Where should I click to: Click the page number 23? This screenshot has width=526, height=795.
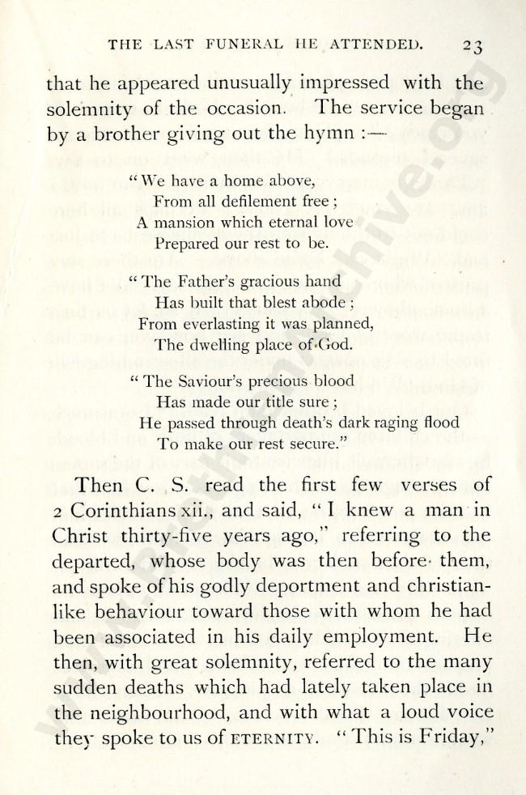click(x=469, y=46)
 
